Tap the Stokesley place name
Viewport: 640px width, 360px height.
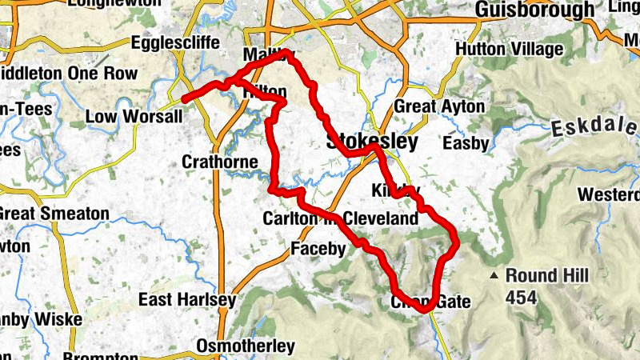tap(372, 142)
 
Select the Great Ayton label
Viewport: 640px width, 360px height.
tap(439, 106)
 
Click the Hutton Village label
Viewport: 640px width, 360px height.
tap(509, 50)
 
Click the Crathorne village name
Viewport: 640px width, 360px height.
tap(219, 162)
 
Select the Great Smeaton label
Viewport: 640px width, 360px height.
tap(54, 214)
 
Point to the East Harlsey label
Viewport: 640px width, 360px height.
tap(186, 300)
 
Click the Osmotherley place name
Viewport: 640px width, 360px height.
tap(247, 346)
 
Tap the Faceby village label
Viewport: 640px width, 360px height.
tap(318, 249)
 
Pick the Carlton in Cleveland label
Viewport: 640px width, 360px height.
tap(340, 219)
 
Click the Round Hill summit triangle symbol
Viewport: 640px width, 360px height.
tap(496, 276)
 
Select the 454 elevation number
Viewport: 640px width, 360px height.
tap(521, 297)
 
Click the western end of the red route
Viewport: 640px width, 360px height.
tap(185, 99)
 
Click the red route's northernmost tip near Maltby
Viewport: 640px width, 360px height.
tap(286, 53)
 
